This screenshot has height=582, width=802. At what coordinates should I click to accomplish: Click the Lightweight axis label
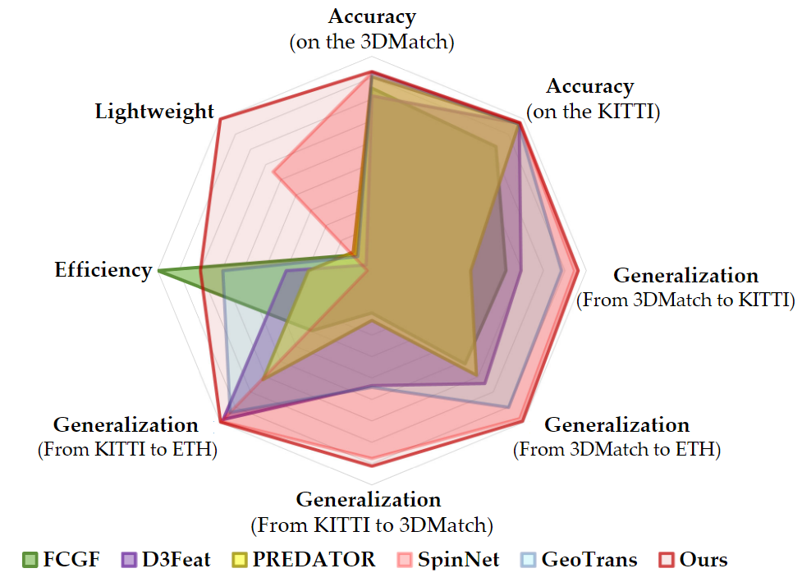[154, 112]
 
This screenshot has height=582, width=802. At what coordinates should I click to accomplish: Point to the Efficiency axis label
[103, 269]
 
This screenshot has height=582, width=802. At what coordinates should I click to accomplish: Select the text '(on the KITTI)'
[593, 112]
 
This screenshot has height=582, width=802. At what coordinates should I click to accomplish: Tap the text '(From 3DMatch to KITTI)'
[686, 300]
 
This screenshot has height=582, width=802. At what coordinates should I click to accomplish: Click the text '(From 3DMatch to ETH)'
[616, 450]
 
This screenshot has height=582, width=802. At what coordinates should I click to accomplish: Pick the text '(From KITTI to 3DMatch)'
[371, 524]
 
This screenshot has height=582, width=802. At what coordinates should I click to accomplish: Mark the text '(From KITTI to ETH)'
[127, 450]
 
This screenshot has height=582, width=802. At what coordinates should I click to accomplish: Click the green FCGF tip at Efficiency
[159, 269]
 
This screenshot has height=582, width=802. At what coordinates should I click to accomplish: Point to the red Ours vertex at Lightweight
[220, 120]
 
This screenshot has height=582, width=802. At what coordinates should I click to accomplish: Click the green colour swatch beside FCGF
[30, 561]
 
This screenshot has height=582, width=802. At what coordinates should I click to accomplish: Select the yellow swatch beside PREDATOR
[240, 561]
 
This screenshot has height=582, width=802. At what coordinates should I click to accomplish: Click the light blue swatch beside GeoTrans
[529, 561]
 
